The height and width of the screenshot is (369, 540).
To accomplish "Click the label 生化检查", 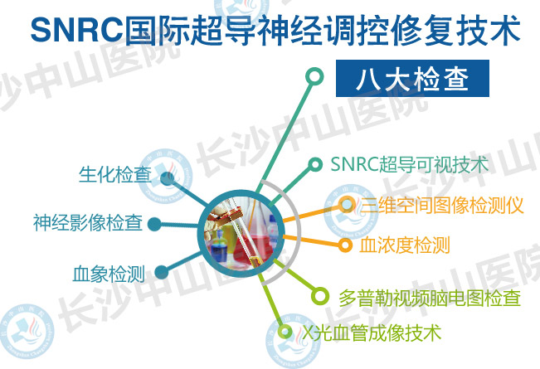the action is point(115,174).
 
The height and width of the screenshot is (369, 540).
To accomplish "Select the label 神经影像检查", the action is point(88,222).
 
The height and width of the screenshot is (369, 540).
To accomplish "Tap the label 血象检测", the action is point(109,274).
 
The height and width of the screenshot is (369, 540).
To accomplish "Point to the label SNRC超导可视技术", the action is point(410,164).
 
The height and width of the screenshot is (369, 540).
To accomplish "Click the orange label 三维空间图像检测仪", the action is point(442,206).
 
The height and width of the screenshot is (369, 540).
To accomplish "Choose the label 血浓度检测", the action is point(405,245).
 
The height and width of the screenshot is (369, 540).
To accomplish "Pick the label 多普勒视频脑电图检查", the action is point(430,298).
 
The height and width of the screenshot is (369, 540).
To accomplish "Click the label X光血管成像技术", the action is point(372,333).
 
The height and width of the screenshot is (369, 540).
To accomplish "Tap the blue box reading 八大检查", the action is point(412,78).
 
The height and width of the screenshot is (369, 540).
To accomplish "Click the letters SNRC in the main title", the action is point(77,30).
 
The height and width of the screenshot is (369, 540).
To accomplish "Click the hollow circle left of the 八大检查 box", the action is point(314,76).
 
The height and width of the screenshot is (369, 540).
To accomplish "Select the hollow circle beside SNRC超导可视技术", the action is point(314,164).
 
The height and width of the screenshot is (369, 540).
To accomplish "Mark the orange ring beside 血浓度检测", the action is point(345,245).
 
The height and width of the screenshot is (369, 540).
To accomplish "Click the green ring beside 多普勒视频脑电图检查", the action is point(320,296).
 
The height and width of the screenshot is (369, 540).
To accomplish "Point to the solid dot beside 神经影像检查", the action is point(154,225).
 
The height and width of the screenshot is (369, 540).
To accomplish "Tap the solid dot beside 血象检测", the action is point(161,272).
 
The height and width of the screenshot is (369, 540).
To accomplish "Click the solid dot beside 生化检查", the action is point(168,178).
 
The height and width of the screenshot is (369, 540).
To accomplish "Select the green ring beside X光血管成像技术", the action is point(285,333).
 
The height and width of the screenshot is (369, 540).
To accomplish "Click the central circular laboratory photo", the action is point(241,233).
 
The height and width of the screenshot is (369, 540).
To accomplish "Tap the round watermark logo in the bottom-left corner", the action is point(27,331).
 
